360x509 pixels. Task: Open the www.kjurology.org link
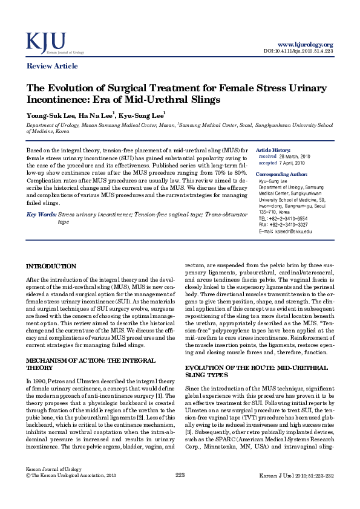tap(305, 45)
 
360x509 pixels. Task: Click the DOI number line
tap(299, 51)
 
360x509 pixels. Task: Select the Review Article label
tap(52, 66)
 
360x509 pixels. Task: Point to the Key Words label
tap(42, 215)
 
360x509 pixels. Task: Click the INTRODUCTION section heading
tap(51, 266)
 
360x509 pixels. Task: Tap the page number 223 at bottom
tap(180, 493)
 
